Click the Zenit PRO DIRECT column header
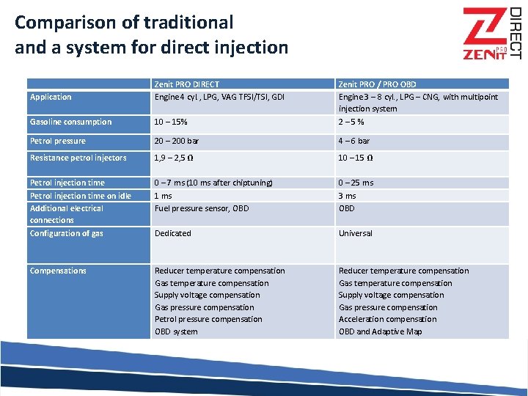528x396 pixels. [x=186, y=84]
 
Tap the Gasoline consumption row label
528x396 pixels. [x=70, y=122]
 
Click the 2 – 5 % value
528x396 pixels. [x=351, y=122]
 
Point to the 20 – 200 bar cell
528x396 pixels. [x=176, y=141]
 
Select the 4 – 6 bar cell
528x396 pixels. [x=354, y=141]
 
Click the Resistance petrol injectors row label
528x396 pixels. [x=78, y=158]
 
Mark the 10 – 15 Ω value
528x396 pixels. [x=356, y=158]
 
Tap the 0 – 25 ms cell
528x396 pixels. [x=356, y=183]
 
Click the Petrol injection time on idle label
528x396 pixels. [x=80, y=196]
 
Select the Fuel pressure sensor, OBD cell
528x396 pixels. [x=202, y=208]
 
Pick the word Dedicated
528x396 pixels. [x=173, y=233]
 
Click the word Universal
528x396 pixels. [x=356, y=233]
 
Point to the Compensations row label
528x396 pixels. [x=58, y=271]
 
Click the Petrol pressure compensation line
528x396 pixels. [x=208, y=319]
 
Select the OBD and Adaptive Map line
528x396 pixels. [x=380, y=331]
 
